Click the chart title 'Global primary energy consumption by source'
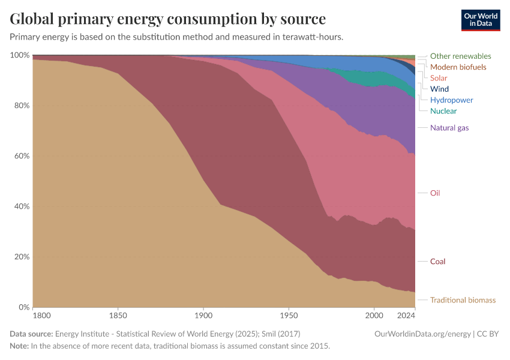168,19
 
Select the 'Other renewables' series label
460,56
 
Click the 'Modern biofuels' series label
458,67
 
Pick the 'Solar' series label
439,78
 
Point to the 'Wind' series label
439,89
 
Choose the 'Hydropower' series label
451,100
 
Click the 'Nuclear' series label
443,111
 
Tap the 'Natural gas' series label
449,128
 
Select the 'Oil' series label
435,193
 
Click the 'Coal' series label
437,262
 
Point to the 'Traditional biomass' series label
463,300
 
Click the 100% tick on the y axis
20,55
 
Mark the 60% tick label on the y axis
22,156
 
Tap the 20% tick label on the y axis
22,257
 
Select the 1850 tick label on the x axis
118,315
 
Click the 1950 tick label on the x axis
289,315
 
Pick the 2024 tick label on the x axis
406,315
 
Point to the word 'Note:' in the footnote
20,346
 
